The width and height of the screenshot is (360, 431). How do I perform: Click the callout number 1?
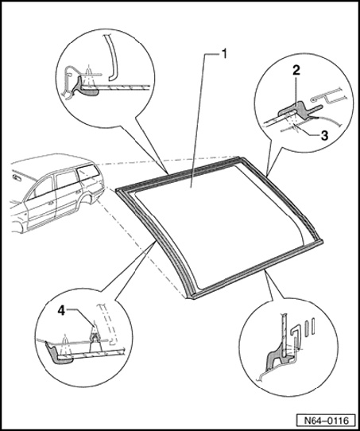tap(224, 53)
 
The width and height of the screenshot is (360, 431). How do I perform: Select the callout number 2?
tap(296, 71)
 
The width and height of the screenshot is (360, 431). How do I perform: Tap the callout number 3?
tap(324, 135)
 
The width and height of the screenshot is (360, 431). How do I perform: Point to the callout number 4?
tap(61, 311)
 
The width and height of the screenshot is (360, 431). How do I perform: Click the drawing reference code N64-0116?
tap(326, 421)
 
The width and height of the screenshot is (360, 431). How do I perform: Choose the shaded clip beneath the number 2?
tap(298, 110)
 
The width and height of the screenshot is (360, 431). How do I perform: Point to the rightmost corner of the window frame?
tap(322, 242)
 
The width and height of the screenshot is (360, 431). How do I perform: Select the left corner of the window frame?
tap(117, 190)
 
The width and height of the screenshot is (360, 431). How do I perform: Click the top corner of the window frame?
tap(241, 157)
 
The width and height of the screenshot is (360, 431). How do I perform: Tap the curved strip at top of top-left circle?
tap(112, 58)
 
